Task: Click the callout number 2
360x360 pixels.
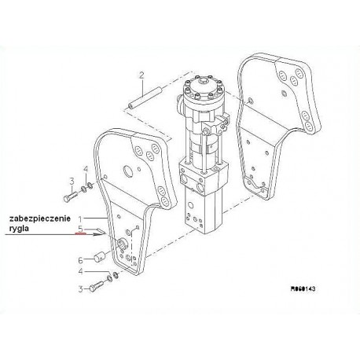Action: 141,75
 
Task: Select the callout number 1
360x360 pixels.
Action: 81,219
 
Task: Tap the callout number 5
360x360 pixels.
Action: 81,229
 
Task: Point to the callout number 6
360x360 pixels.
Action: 81,260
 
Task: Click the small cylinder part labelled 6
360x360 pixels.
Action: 99,256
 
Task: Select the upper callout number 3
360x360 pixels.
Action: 72,181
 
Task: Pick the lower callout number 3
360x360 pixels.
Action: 81,289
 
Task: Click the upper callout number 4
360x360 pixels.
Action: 86,169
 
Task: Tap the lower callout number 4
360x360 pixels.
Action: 81,271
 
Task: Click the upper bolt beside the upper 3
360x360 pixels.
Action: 70,197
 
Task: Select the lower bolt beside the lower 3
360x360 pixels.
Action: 97,285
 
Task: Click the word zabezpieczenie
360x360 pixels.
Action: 40,219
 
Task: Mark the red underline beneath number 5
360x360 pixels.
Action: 80,233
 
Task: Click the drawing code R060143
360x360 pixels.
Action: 303,288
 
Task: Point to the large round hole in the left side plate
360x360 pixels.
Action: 129,171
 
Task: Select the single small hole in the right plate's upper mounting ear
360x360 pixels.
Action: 284,93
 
